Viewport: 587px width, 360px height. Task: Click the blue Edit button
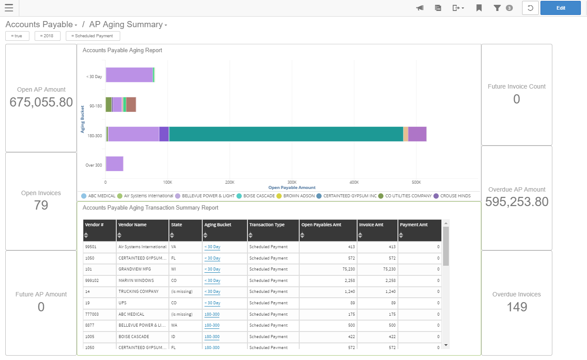click(x=560, y=8)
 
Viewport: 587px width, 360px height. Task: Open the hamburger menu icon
click(x=9, y=8)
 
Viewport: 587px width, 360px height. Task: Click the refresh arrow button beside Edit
click(x=530, y=8)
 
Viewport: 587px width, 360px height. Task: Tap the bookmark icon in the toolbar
click(x=479, y=8)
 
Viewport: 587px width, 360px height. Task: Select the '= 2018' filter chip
click(x=47, y=36)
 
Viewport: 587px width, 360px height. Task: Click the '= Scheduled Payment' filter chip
click(x=93, y=36)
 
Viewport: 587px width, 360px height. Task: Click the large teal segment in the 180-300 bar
click(x=286, y=134)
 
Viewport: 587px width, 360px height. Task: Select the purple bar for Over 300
click(x=115, y=164)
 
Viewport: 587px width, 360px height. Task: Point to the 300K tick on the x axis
click(x=292, y=182)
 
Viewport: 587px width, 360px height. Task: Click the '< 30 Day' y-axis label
click(x=94, y=77)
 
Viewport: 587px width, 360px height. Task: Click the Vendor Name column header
click(x=132, y=225)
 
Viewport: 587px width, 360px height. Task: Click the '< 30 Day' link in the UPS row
click(x=212, y=303)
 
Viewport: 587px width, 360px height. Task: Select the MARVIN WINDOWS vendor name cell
click(x=136, y=281)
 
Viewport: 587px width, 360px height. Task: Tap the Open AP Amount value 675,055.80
click(x=41, y=102)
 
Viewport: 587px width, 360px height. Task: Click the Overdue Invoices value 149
click(x=516, y=307)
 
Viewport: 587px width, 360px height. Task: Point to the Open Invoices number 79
click(x=41, y=205)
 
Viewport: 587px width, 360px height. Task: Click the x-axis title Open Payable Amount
click(x=292, y=188)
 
